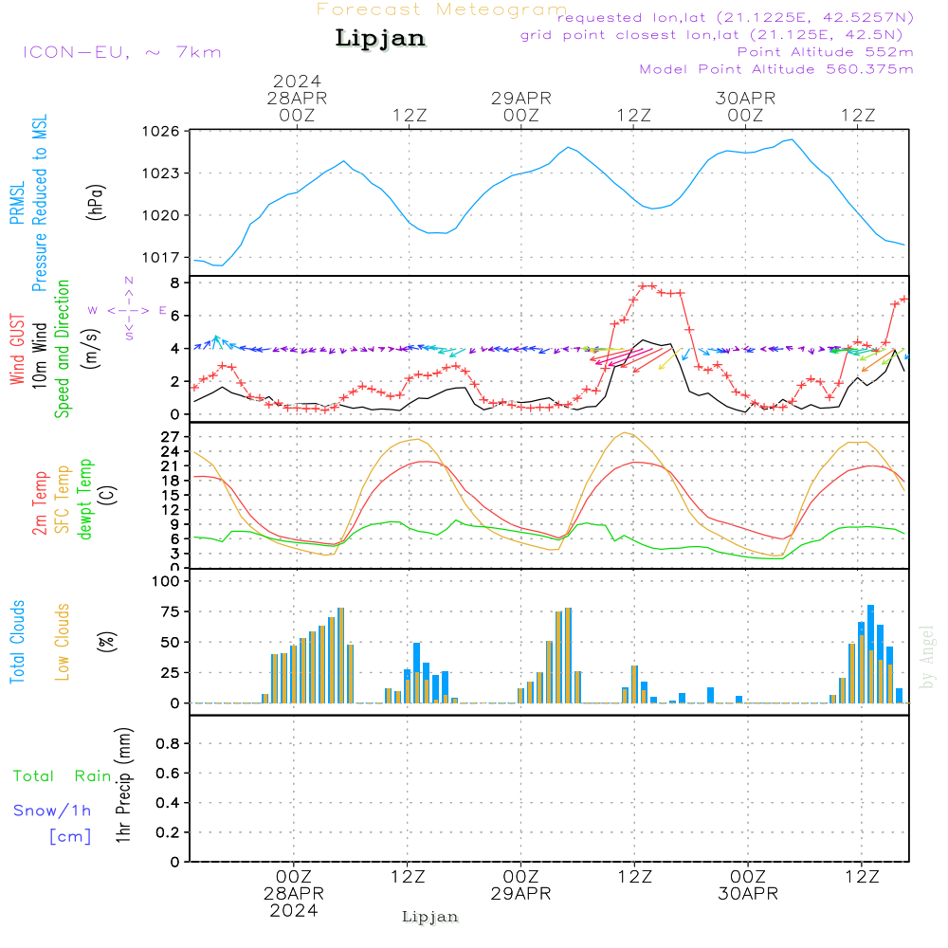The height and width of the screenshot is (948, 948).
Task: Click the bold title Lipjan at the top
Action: (380, 39)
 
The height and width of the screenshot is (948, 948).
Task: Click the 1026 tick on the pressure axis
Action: (161, 131)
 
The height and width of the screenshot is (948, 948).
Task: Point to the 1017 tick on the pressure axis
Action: (161, 258)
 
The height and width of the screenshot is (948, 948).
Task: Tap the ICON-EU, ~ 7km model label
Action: (122, 52)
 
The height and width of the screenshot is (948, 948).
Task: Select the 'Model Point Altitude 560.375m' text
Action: (776, 69)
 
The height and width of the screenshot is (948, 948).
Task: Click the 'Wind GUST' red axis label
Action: (17, 350)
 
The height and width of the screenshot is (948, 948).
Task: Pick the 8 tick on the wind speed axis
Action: (174, 283)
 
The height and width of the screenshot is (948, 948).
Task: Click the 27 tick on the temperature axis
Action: (171, 436)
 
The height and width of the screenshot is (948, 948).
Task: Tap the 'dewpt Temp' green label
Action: (84, 499)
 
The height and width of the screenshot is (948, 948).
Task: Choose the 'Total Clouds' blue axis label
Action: (17, 642)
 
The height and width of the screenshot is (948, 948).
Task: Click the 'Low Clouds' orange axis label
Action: (63, 642)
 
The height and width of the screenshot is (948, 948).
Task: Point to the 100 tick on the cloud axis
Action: (166, 581)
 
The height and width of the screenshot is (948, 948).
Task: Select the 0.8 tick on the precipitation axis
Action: (168, 743)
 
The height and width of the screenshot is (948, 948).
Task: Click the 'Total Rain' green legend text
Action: (63, 776)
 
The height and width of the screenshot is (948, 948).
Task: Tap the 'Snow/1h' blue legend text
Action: (52, 811)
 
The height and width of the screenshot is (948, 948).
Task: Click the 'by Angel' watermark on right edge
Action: (927, 657)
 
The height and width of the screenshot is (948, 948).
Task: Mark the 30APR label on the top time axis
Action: (745, 99)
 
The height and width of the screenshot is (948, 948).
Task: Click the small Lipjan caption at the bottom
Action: (429, 917)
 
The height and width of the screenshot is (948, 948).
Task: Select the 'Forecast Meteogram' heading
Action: (442, 9)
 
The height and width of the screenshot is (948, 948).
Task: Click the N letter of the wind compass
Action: (129, 281)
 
